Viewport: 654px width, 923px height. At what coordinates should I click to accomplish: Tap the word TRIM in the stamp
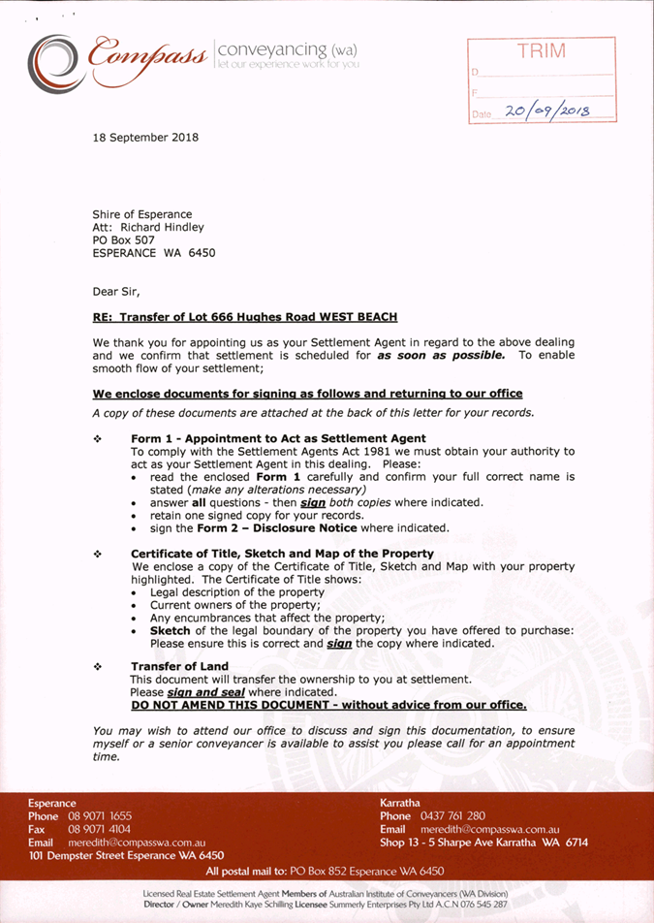pyautogui.click(x=542, y=51)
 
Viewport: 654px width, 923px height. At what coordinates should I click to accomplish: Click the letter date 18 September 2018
pyautogui.click(x=145, y=137)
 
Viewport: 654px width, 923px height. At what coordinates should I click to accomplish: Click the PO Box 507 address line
pyautogui.click(x=124, y=239)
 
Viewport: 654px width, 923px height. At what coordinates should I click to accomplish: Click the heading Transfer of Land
pyautogui.click(x=179, y=666)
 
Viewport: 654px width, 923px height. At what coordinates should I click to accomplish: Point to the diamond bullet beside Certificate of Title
pyautogui.click(x=97, y=554)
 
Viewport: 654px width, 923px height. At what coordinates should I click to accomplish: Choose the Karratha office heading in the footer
pyautogui.click(x=400, y=803)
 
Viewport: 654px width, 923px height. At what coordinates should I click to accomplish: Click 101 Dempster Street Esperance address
pyautogui.click(x=126, y=856)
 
